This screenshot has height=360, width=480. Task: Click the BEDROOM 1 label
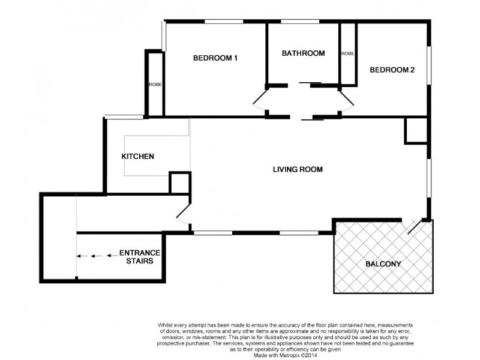[215, 58]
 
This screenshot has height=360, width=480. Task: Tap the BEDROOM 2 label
[392, 70]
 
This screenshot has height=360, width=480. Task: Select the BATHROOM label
[303, 53]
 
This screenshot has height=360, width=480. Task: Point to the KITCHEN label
[138, 157]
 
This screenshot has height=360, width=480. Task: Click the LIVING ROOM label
[298, 170]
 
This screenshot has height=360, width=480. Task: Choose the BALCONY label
[383, 264]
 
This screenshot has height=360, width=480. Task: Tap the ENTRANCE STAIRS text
[140, 257]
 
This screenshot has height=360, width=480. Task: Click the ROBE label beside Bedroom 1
[155, 85]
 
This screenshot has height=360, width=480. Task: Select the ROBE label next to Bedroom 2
[347, 53]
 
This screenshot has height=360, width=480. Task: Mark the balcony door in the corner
[414, 226]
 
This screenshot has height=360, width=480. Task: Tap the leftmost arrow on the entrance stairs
[79, 256]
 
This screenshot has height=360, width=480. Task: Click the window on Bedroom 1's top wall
[223, 22]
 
